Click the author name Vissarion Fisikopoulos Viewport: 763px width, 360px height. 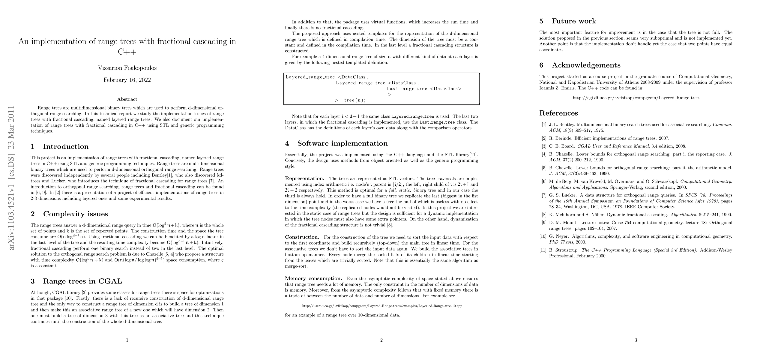pyautogui.click(x=127, y=68)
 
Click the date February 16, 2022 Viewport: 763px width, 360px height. pyautogui.click(x=127, y=80)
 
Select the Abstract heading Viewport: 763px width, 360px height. pyautogui.click(x=127, y=99)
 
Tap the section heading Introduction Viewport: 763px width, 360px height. pyautogui.click(x=66, y=146)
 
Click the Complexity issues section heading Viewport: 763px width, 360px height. pyautogui.click(x=75, y=214)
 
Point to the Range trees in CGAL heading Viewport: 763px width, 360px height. pyautogui.click(x=82, y=281)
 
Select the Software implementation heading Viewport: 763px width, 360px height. pyautogui.click(x=342, y=143)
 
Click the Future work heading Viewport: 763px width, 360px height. pyautogui.click(x=574, y=21)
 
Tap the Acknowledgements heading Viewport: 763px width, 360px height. pyautogui.click(x=586, y=65)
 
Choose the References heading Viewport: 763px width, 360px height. pyautogui.click(x=558, y=113)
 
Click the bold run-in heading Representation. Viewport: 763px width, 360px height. pyautogui.click(x=304, y=179)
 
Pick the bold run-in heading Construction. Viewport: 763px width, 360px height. pyautogui.click(x=302, y=237)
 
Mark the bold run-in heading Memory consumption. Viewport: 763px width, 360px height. pyautogui.click(x=313, y=278)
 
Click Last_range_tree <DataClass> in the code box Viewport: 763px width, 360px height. pyautogui.click(x=424, y=89)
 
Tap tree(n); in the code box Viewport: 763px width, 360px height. pyautogui.click(x=355, y=100)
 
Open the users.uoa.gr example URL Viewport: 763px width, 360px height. pyautogui.click(x=382, y=306)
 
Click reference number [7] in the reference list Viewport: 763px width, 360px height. pyautogui.click(x=544, y=195)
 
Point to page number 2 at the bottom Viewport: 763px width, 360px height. pyautogui.click(x=381, y=340)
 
